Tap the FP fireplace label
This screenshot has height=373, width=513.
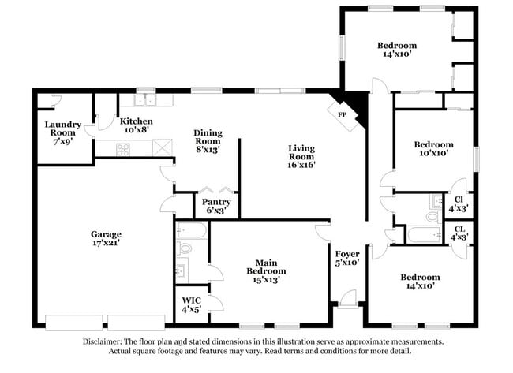343,114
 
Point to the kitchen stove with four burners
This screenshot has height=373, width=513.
124,147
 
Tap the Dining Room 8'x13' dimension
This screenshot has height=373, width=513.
208,148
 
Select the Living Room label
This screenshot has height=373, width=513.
301,147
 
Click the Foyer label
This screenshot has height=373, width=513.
347,254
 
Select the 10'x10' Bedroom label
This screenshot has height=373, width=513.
434,144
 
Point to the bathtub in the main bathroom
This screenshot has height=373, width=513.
192,230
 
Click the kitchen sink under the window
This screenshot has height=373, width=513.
145,100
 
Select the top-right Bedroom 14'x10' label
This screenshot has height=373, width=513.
396,46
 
